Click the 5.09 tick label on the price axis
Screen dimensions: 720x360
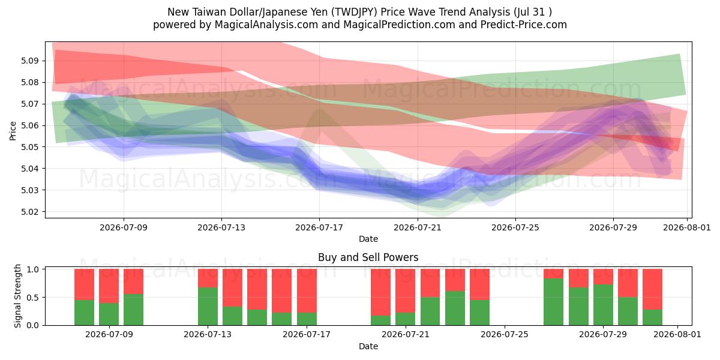click(x=29, y=61)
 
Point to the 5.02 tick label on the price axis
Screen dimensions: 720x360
click(x=29, y=211)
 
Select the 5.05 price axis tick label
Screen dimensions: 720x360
click(x=29, y=147)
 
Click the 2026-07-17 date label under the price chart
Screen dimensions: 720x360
click(x=319, y=227)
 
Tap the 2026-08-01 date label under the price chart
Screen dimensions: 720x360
click(x=687, y=227)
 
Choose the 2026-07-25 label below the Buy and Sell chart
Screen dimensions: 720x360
click(x=505, y=334)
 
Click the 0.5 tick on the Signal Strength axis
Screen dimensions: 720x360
click(x=32, y=298)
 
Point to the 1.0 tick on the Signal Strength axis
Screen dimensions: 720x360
click(x=32, y=269)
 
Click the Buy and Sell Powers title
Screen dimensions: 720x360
click(x=368, y=257)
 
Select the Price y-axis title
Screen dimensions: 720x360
click(x=13, y=131)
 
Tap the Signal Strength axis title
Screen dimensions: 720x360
click(x=17, y=296)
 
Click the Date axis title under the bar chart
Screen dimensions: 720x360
click(x=368, y=346)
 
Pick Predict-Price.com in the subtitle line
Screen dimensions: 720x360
click(x=524, y=25)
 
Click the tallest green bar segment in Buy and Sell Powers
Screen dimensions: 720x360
click(x=553, y=302)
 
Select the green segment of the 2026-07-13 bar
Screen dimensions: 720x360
click(x=208, y=307)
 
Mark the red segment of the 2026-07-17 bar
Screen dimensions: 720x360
click(x=307, y=290)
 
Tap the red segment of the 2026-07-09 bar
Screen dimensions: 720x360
click(x=109, y=286)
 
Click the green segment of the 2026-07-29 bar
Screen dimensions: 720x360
click(x=603, y=305)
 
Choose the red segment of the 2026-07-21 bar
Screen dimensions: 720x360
click(x=405, y=290)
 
